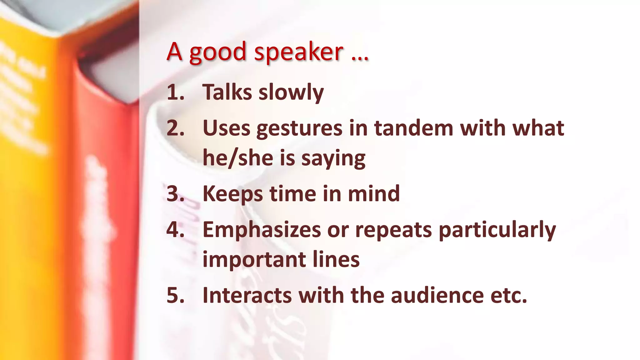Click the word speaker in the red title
[x=298, y=52]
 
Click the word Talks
[x=227, y=92]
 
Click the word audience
[x=437, y=295]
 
